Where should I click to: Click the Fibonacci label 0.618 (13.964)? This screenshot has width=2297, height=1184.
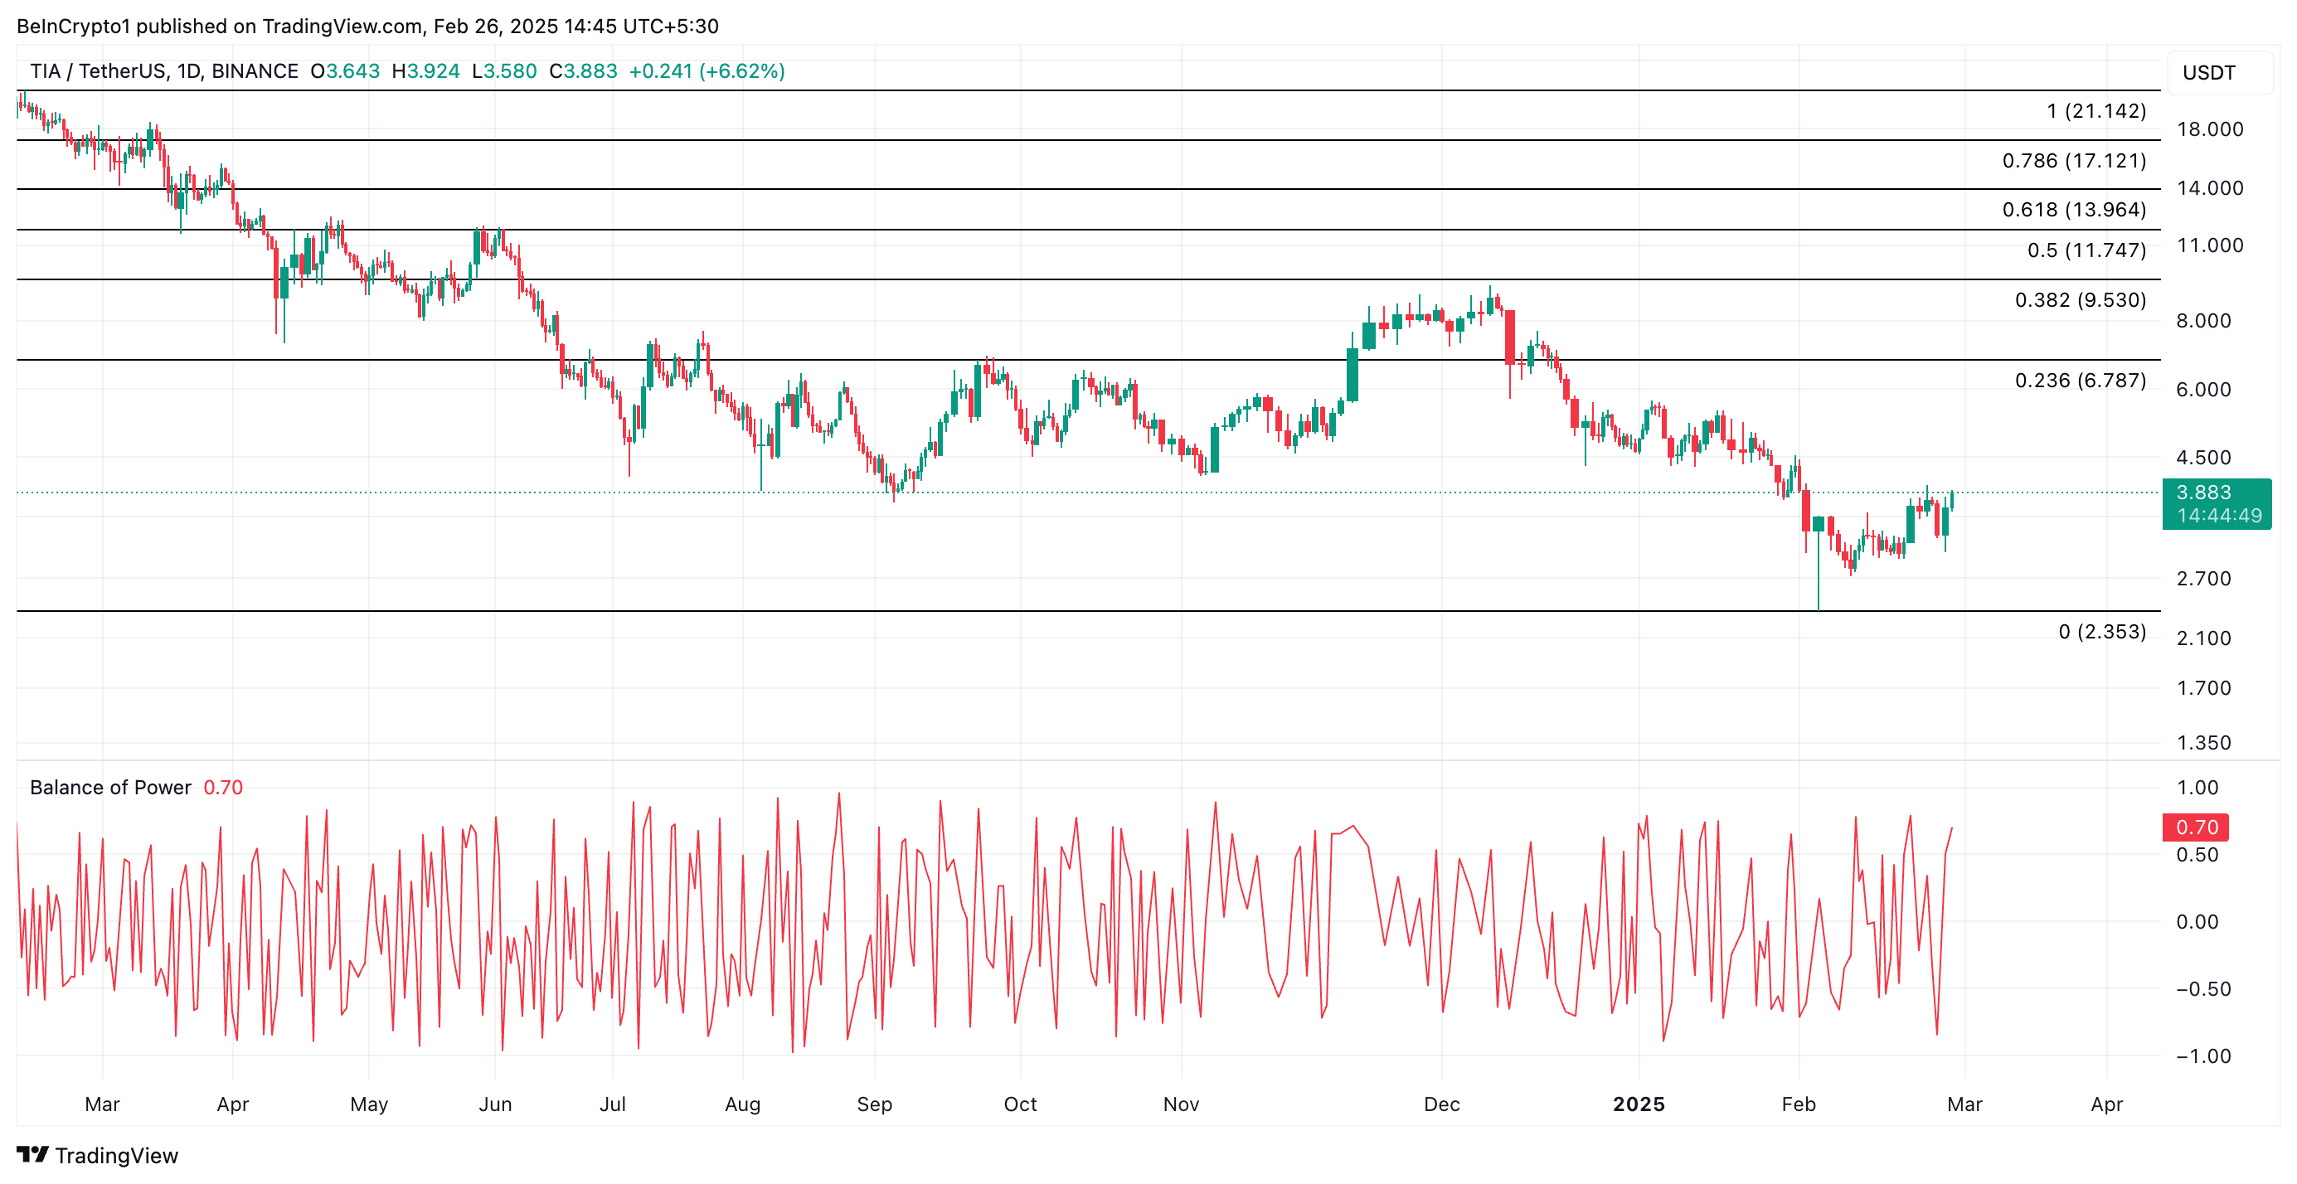(x=2073, y=210)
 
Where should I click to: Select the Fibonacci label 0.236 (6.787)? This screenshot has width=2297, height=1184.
(x=2080, y=381)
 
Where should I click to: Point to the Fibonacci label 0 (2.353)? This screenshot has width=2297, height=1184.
(x=2102, y=632)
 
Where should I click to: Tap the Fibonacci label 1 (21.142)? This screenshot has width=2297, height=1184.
(x=2095, y=111)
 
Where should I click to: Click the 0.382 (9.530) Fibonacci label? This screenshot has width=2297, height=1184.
(x=2080, y=300)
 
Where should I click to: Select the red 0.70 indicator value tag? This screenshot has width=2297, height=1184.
(x=2195, y=827)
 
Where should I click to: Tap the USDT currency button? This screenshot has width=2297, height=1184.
(x=2209, y=73)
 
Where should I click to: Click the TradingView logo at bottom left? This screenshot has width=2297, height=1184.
(x=97, y=1156)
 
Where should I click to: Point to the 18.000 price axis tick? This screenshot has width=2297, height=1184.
(x=2210, y=129)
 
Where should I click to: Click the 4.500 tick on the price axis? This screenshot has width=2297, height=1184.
(x=2203, y=458)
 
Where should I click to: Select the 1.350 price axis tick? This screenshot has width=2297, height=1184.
(x=2203, y=743)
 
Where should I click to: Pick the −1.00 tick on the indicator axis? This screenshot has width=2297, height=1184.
(x=2202, y=1056)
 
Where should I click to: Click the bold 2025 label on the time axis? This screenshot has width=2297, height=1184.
(x=1638, y=1104)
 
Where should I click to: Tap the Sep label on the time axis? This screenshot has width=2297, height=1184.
(x=874, y=1104)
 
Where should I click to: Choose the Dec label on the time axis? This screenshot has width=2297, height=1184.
(x=1441, y=1104)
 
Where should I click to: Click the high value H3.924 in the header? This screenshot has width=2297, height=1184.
(x=425, y=71)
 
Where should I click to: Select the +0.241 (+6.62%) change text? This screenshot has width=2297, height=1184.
(x=707, y=71)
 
